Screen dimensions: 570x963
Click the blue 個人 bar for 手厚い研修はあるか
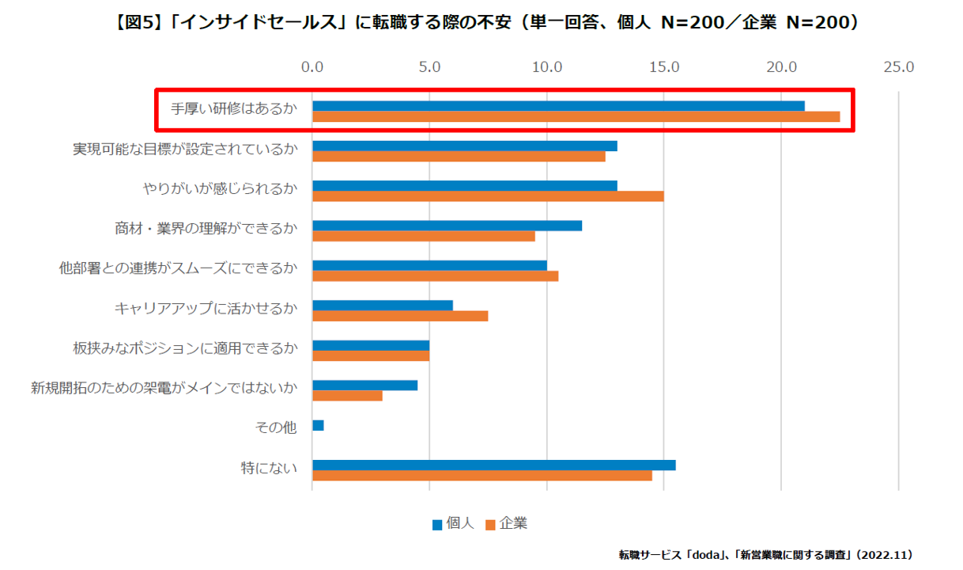[x=558, y=106]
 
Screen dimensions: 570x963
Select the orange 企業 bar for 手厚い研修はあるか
[x=576, y=117]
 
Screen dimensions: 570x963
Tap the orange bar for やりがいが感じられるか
[x=488, y=196]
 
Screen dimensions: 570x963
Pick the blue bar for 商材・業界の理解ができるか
[x=447, y=226]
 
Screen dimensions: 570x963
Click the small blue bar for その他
[x=318, y=426]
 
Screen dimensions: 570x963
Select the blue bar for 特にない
[x=494, y=465]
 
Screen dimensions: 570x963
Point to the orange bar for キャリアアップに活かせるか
[x=400, y=316]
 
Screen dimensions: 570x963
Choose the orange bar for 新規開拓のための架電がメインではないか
[x=347, y=396]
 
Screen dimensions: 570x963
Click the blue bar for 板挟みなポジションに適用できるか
[x=371, y=345]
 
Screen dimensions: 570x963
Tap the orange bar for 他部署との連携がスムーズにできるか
[x=435, y=276]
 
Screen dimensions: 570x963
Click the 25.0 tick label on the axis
[x=899, y=67]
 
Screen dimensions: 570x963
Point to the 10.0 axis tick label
[x=547, y=67]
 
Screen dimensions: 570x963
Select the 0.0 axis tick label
[x=312, y=67]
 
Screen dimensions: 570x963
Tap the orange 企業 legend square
[x=489, y=524]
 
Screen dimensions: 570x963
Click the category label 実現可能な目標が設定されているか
[x=185, y=150]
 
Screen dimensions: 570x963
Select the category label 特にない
[x=269, y=469]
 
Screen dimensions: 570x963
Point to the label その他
[x=276, y=427]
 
